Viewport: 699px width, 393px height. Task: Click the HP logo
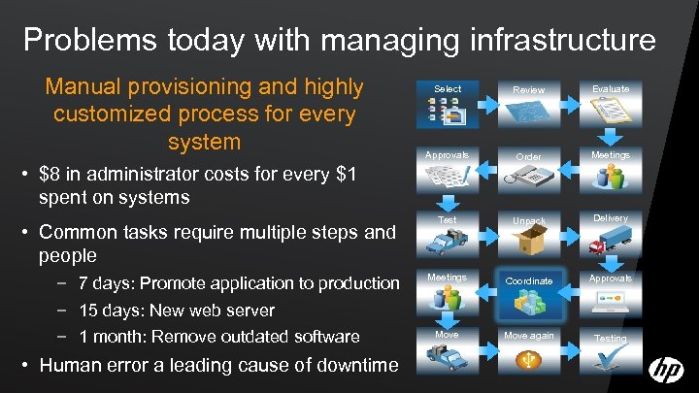[x=666, y=370]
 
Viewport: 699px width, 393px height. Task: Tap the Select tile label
[x=448, y=89]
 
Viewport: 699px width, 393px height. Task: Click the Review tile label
[x=529, y=90]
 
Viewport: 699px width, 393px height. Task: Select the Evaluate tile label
[x=612, y=88]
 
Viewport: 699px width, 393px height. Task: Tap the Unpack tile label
[x=529, y=222]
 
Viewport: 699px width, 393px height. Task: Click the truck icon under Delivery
[x=612, y=244]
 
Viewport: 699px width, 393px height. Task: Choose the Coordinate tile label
[x=529, y=280]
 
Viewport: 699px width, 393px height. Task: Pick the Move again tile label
[x=529, y=336]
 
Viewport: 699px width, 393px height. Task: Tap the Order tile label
[x=529, y=157]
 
